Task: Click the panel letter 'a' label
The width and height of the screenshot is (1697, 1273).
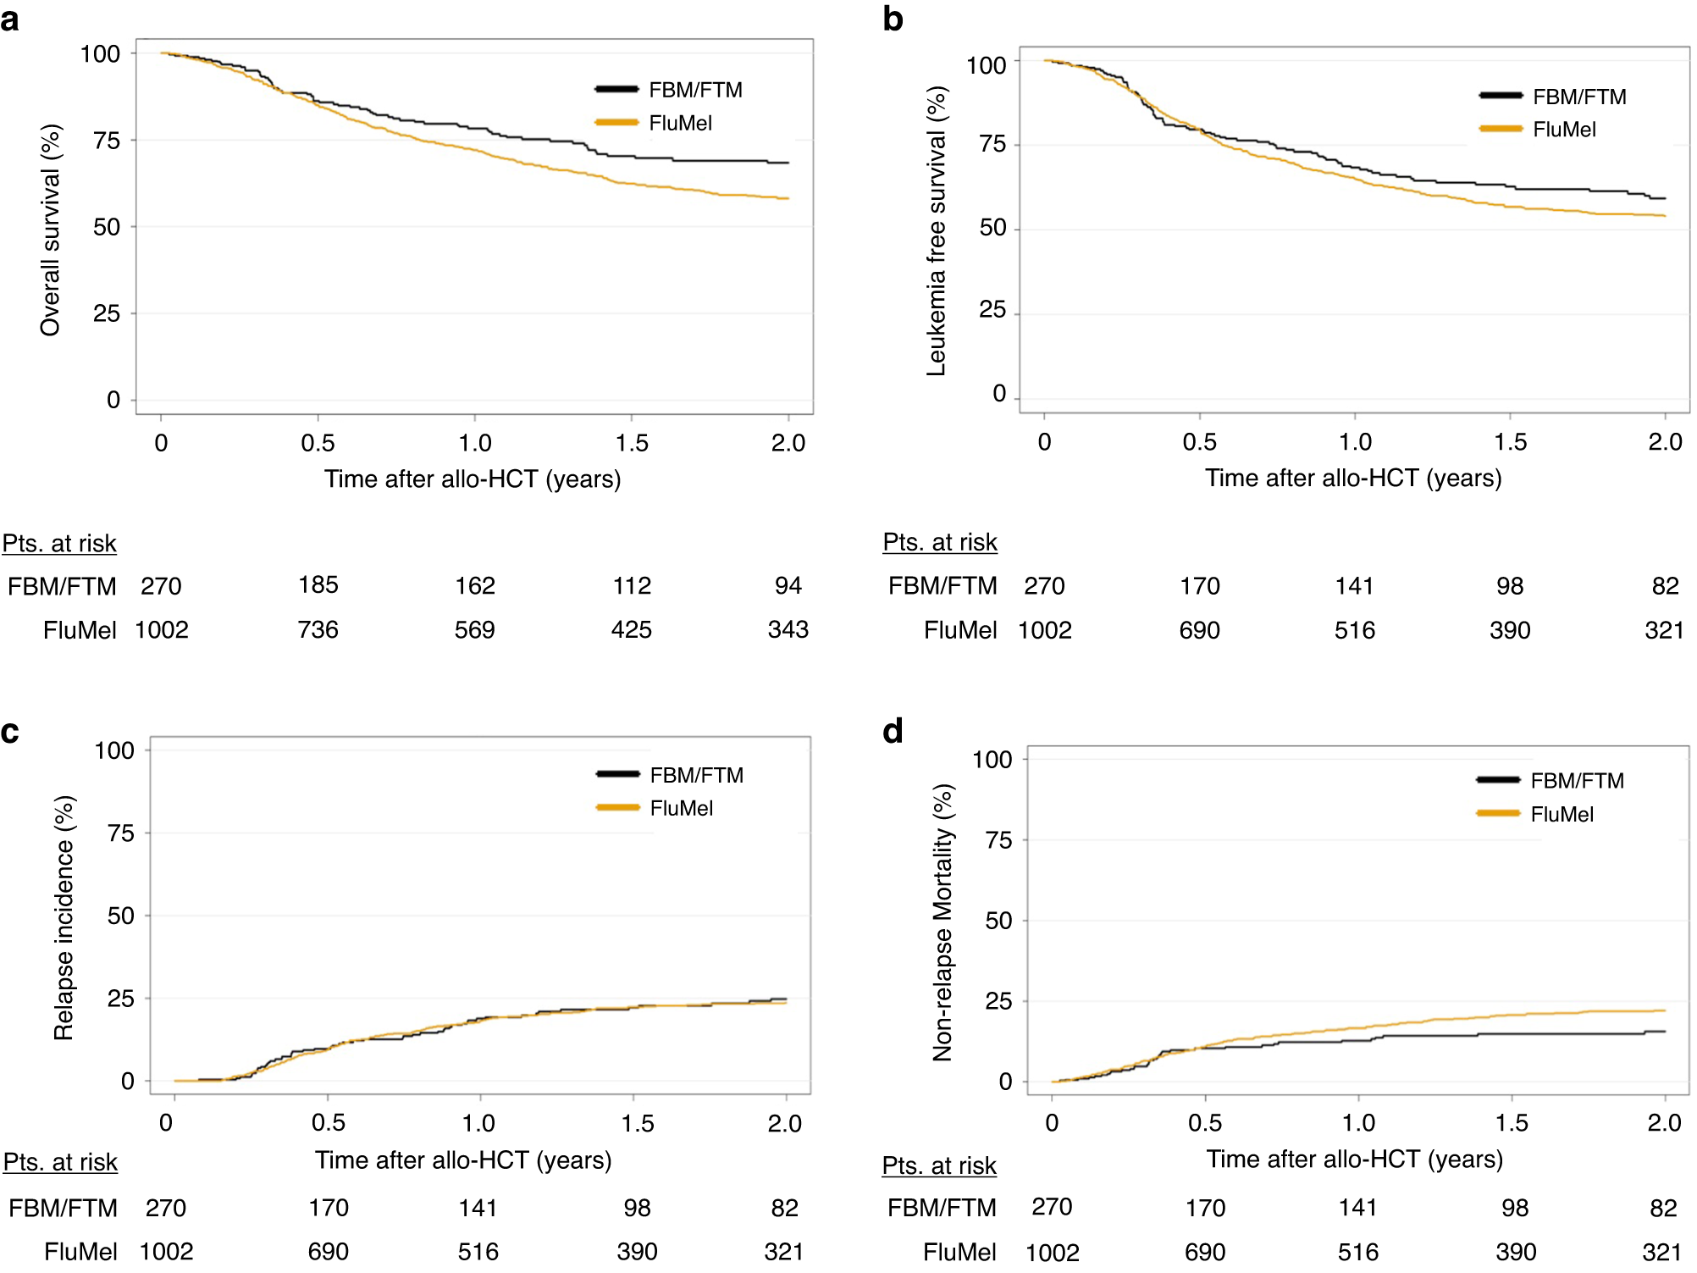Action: pyautogui.click(x=10, y=19)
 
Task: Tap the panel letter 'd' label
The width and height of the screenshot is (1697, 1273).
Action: pyautogui.click(x=893, y=731)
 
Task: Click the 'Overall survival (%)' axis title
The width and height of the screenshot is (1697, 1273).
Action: pyautogui.click(x=51, y=230)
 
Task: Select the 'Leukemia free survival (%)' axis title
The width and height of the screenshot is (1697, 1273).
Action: pyautogui.click(x=936, y=231)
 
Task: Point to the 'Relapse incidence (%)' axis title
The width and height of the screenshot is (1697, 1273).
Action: pyautogui.click(x=64, y=917)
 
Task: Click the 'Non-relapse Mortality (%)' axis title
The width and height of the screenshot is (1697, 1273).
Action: pyautogui.click(x=942, y=922)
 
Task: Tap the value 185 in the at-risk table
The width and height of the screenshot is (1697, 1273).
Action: pyautogui.click(x=318, y=584)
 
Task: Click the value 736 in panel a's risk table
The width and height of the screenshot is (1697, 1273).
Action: pyautogui.click(x=318, y=629)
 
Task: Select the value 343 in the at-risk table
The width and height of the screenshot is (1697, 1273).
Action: pyautogui.click(x=788, y=629)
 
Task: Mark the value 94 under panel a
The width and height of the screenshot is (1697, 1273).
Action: pyautogui.click(x=788, y=585)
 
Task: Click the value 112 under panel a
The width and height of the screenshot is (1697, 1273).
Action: pyautogui.click(x=632, y=585)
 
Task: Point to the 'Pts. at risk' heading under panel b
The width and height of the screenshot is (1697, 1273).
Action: pyautogui.click(x=940, y=542)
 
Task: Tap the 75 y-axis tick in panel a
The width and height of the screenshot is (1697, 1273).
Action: pyautogui.click(x=107, y=141)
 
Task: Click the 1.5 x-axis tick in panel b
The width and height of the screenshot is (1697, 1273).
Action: pyautogui.click(x=1510, y=441)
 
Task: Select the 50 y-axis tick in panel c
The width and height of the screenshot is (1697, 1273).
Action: pyautogui.click(x=120, y=916)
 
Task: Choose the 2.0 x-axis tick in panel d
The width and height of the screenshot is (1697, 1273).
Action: pyautogui.click(x=1664, y=1123)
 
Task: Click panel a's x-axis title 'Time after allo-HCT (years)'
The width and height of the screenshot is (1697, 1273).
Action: pyautogui.click(x=473, y=479)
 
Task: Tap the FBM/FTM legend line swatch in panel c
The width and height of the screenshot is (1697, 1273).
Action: pyautogui.click(x=617, y=774)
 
